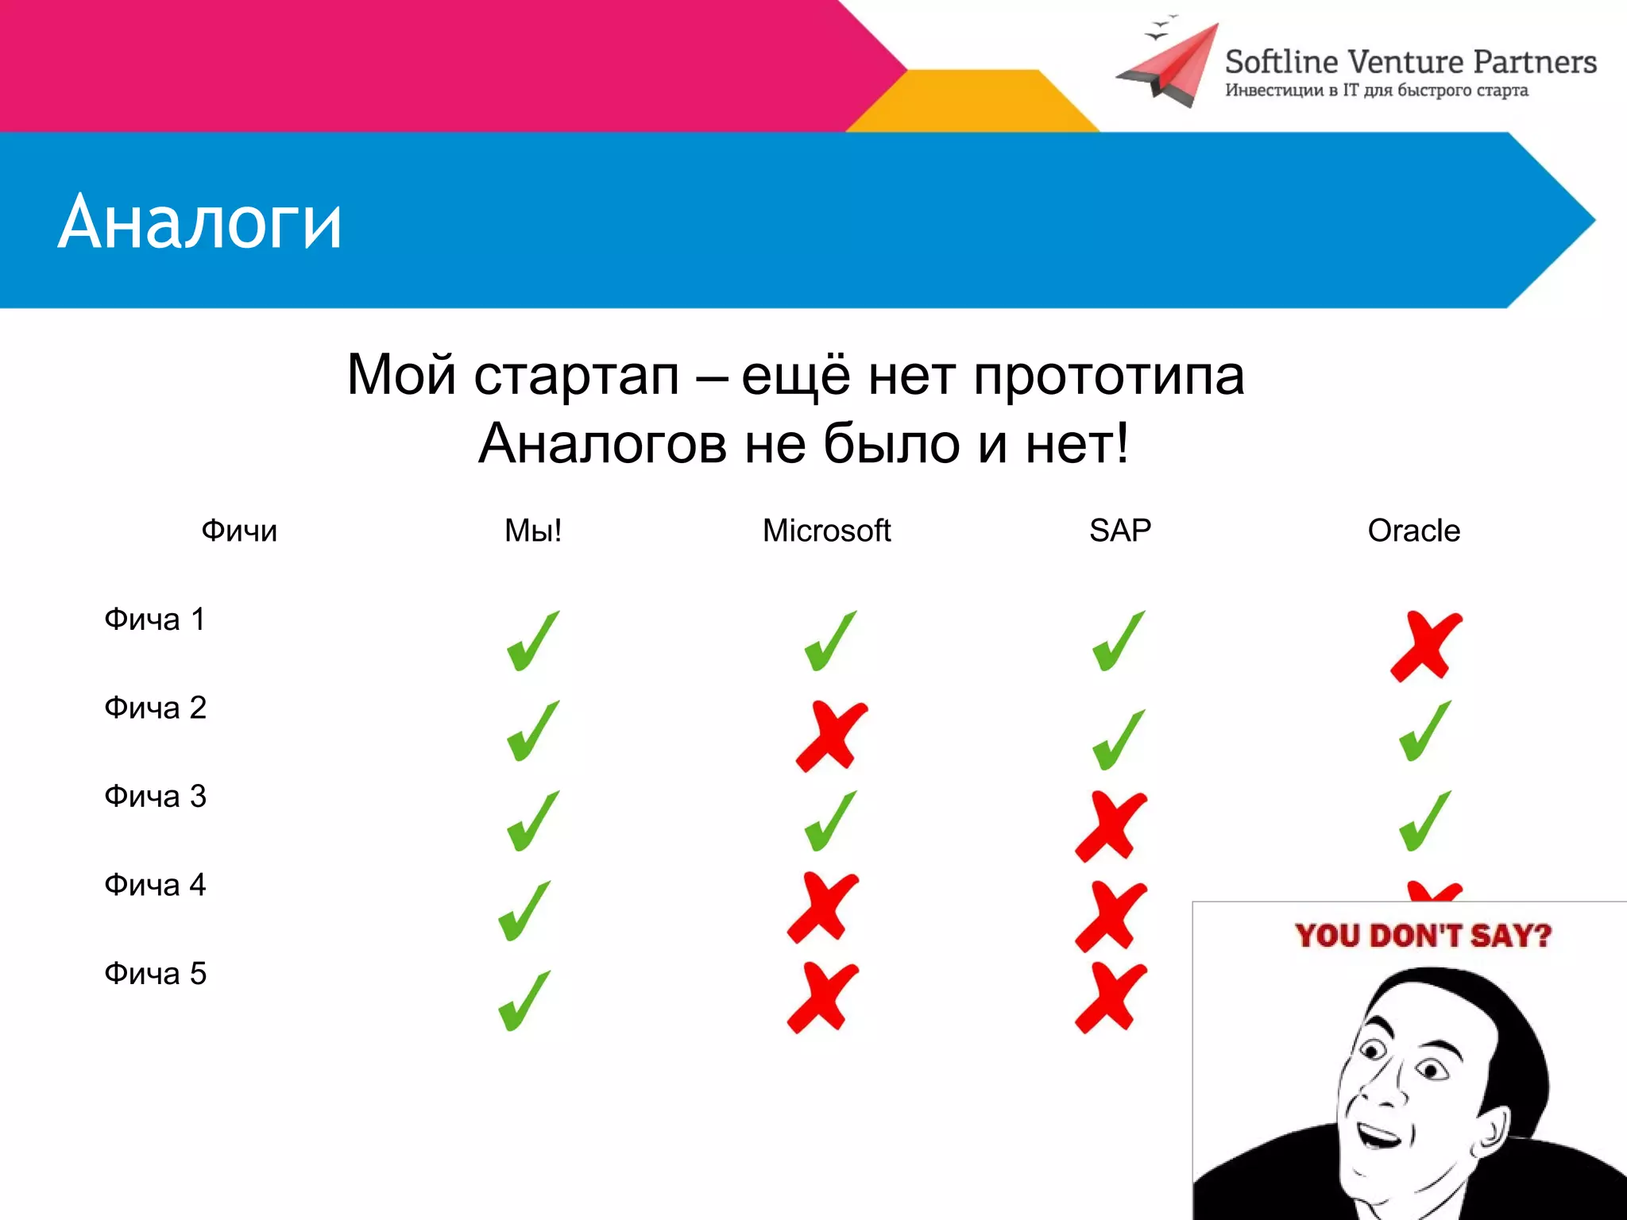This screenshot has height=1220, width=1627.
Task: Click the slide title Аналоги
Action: coord(199,223)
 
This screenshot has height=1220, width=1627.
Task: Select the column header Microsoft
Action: coord(826,531)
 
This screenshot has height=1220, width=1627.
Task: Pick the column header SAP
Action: coord(1119,531)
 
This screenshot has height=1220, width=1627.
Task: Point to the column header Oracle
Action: coord(1413,531)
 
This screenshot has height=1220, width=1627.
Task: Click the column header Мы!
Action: coord(533,531)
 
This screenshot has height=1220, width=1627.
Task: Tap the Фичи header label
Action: coord(239,531)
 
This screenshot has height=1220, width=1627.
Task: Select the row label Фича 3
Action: coord(155,797)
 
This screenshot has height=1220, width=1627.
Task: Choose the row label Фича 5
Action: coord(155,974)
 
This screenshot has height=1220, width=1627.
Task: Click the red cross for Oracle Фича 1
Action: coord(1426,645)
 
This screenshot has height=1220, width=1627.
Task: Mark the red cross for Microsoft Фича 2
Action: coord(831,736)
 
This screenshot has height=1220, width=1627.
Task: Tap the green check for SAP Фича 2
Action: coord(1119,740)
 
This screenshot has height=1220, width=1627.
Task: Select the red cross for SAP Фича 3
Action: coord(1111,826)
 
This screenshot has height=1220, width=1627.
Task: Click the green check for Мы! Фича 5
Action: coord(524,1001)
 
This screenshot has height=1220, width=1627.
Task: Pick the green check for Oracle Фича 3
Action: coord(1425,821)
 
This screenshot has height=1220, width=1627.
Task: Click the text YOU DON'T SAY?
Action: coord(1422,936)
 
